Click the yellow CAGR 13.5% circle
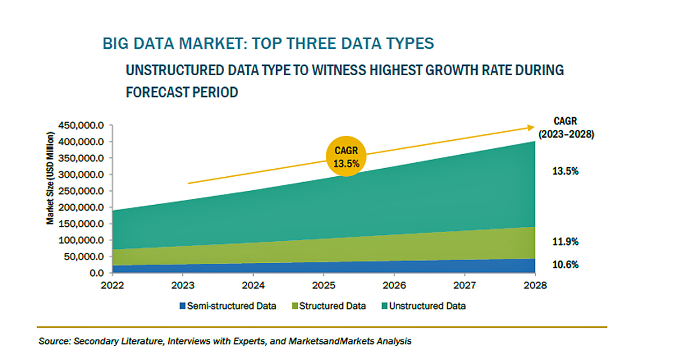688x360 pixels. (x=346, y=156)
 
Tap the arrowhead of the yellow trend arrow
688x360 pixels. (x=531, y=127)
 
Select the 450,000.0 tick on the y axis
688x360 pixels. (x=81, y=125)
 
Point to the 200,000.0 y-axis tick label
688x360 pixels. (x=81, y=207)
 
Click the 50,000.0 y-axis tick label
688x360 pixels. (x=84, y=256)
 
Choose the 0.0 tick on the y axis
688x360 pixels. (x=97, y=273)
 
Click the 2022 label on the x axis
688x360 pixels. (x=112, y=285)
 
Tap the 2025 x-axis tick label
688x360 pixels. (x=324, y=285)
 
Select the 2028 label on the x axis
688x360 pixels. (x=535, y=285)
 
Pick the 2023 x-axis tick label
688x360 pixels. (x=183, y=285)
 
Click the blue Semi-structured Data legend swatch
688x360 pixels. (x=182, y=306)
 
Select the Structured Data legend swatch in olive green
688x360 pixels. (x=295, y=306)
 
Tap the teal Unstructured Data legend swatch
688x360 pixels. (x=384, y=306)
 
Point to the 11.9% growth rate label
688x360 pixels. (x=565, y=242)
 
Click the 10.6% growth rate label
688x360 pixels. (x=565, y=264)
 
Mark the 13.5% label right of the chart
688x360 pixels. (x=565, y=171)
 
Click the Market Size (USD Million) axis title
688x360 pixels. (x=50, y=178)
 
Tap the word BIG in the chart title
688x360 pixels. (x=116, y=44)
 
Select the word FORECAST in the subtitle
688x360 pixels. (x=156, y=92)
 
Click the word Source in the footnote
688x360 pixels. (x=54, y=341)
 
